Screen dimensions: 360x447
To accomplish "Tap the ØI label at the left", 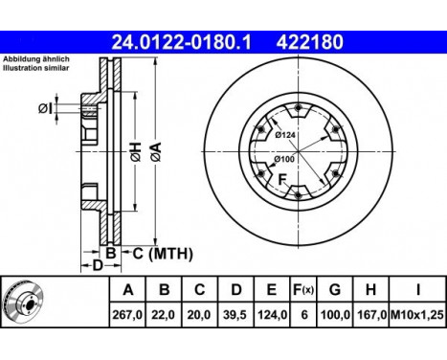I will tap(46, 108).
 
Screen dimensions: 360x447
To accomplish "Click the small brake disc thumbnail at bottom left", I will tap(27, 302).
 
